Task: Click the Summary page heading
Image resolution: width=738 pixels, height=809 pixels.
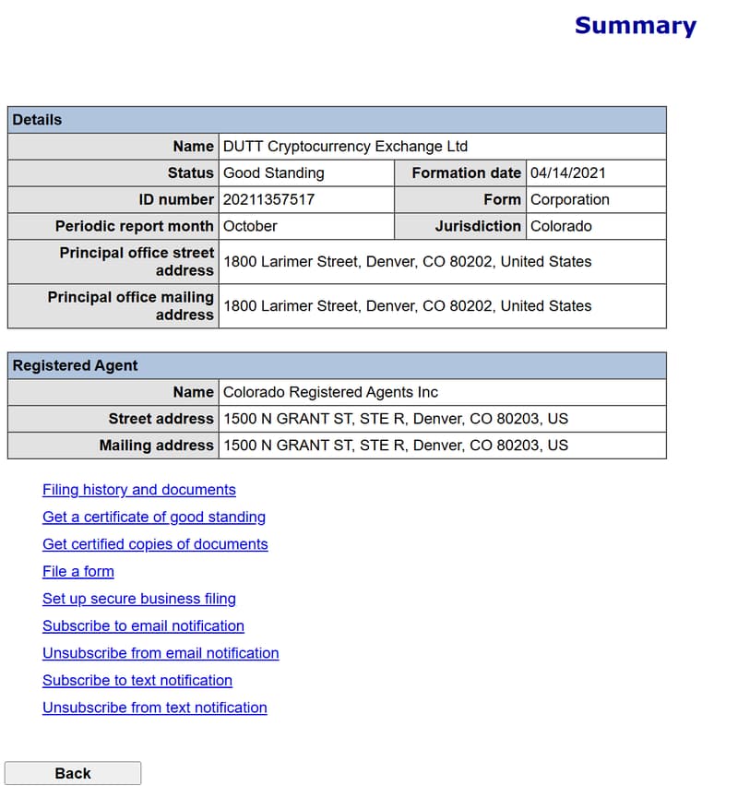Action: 635,26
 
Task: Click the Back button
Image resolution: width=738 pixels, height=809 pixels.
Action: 73,773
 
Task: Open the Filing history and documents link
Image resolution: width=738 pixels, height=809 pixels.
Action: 139,490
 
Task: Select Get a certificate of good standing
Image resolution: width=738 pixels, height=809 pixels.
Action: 154,517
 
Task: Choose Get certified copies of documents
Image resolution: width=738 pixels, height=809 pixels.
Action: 155,544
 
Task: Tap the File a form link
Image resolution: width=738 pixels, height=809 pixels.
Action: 78,571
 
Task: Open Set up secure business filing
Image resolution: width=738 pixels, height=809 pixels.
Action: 139,599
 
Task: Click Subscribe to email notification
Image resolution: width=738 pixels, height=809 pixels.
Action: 143,625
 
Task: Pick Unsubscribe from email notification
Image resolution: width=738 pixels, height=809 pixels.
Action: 161,653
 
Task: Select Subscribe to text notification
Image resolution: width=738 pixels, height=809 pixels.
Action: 137,680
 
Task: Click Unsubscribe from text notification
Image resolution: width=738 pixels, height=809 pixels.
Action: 155,708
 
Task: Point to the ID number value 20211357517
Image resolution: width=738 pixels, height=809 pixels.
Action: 268,199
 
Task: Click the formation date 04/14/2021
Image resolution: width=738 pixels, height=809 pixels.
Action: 568,173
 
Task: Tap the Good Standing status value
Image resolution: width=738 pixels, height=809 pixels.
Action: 274,173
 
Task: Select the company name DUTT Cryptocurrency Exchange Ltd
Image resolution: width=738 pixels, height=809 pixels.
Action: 346,146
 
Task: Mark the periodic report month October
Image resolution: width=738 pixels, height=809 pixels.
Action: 250,226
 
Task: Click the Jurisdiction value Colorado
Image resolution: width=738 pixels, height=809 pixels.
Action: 561,226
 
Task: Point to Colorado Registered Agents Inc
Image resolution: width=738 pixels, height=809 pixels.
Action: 331,392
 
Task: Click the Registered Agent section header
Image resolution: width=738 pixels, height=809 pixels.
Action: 76,365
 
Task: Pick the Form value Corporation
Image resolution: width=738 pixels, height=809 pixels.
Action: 570,199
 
